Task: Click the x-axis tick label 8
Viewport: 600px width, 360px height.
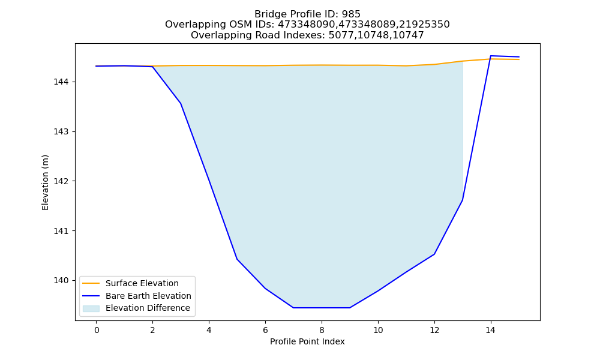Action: click(x=322, y=330)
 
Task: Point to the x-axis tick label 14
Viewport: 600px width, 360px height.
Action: click(x=490, y=330)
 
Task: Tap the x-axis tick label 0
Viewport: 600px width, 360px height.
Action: click(x=97, y=330)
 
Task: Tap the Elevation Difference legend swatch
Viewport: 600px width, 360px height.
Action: click(x=91, y=308)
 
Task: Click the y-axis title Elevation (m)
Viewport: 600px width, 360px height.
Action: click(x=45, y=182)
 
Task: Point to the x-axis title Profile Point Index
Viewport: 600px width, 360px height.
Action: click(x=307, y=341)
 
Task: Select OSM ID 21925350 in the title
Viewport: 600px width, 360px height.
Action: click(x=424, y=25)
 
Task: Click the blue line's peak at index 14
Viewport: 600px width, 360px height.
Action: click(x=491, y=56)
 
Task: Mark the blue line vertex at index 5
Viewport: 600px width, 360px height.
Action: click(x=237, y=259)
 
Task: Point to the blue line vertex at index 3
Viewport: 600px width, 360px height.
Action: click(x=181, y=103)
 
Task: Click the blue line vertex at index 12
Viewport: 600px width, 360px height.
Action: click(x=434, y=254)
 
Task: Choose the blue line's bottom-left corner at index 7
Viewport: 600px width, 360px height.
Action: click(x=293, y=308)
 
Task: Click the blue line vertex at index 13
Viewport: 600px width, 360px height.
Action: click(x=462, y=200)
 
